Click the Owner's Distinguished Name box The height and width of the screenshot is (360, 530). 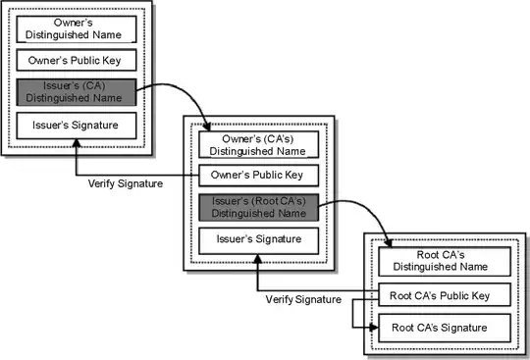coord(75,27)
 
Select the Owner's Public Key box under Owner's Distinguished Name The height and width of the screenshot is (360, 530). coord(75,59)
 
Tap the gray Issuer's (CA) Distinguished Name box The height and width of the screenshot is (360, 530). coord(75,91)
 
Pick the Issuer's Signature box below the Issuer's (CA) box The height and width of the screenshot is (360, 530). coord(75,125)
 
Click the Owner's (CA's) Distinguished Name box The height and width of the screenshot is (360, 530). coord(259,143)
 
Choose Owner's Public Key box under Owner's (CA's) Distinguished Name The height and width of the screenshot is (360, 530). coord(259,176)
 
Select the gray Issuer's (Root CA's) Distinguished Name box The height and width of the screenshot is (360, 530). coord(259,207)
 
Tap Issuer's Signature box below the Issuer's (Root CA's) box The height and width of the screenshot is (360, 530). coord(259,239)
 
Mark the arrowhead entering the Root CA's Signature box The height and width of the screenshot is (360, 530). coord(374,329)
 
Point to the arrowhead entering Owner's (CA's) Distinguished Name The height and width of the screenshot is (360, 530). coord(208,128)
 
